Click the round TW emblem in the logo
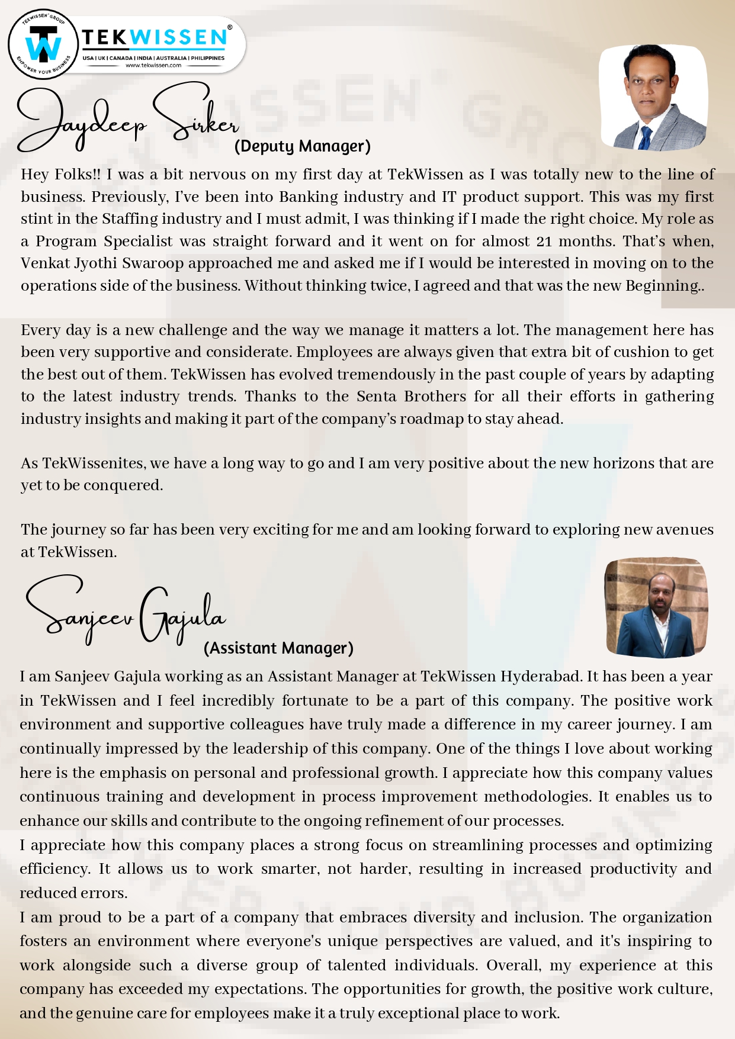click(43, 45)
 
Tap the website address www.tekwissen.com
click(153, 66)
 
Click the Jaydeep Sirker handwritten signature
click(127, 118)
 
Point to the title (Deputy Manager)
click(302, 146)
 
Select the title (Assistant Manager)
click(278, 648)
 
